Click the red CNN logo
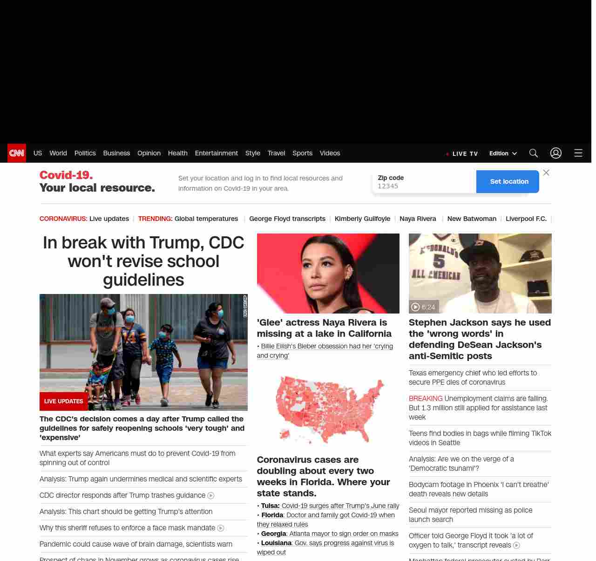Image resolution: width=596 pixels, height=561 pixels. [17, 153]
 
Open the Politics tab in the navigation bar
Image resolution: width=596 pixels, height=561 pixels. [85, 153]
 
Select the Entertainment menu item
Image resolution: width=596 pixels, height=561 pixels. [216, 153]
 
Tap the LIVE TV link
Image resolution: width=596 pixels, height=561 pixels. [464, 154]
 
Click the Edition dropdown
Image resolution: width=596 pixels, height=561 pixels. [503, 154]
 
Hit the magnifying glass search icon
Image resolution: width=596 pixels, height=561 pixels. [534, 153]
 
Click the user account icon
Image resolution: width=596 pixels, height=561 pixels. [556, 153]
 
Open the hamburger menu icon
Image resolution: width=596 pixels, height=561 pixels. [578, 153]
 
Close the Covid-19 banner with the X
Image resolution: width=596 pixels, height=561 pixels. [546, 173]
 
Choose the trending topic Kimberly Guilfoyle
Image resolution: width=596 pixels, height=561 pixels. [362, 219]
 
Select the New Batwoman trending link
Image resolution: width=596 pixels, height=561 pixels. [472, 219]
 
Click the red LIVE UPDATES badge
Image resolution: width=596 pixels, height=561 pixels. [64, 401]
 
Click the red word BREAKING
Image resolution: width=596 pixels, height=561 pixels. [426, 399]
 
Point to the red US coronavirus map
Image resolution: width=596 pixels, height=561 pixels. [329, 409]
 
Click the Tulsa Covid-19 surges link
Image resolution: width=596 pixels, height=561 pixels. [340, 506]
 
